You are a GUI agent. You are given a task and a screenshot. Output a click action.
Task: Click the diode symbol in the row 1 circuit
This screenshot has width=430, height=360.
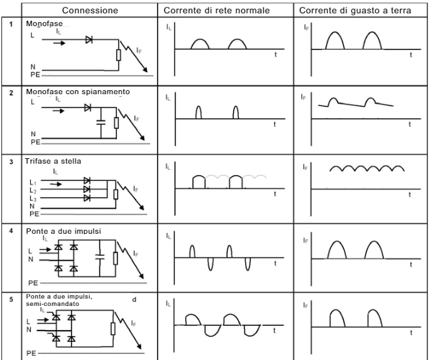[89, 39]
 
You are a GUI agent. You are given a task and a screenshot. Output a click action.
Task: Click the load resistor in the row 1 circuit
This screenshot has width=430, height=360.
[118, 55]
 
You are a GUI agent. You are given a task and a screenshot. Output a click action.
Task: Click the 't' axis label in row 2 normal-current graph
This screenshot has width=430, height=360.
[274, 125]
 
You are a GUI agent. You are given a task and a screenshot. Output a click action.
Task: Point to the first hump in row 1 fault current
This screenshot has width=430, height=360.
[335, 41]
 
